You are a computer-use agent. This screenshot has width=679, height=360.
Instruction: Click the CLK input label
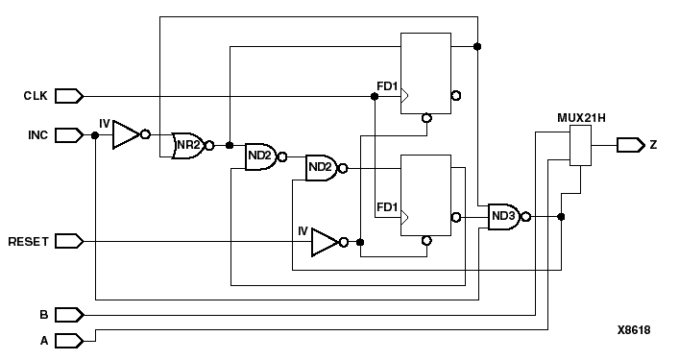36,96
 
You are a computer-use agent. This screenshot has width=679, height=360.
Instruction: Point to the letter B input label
42,314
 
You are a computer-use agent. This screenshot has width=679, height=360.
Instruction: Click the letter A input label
42,339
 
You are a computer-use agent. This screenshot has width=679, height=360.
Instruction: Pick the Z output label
653,145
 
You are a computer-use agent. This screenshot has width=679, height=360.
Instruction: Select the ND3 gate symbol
504,217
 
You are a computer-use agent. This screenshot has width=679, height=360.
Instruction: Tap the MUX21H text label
580,118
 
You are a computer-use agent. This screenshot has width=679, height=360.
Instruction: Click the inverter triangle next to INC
126,134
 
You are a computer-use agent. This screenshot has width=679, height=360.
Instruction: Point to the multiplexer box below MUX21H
580,145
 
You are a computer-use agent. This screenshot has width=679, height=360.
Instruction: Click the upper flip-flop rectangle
425,73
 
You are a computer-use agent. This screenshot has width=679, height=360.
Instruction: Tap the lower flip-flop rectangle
425,195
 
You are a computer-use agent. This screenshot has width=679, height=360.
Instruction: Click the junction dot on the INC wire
94,135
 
